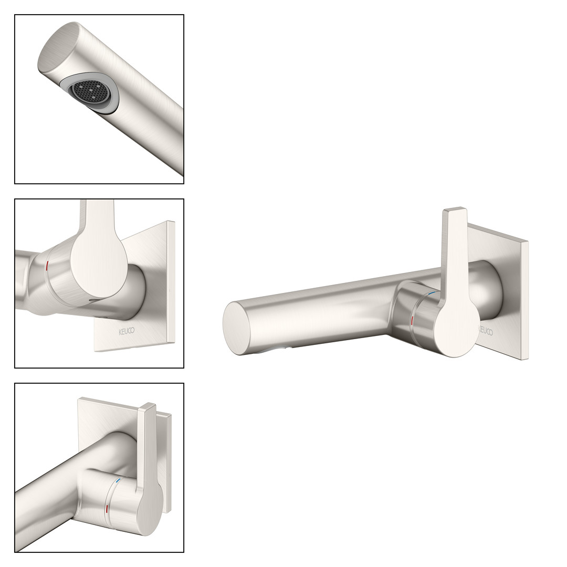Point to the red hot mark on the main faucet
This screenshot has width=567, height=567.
tap(413, 322)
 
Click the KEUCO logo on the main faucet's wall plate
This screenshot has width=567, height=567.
tap(485, 330)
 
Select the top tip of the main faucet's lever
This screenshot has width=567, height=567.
tap(454, 209)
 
